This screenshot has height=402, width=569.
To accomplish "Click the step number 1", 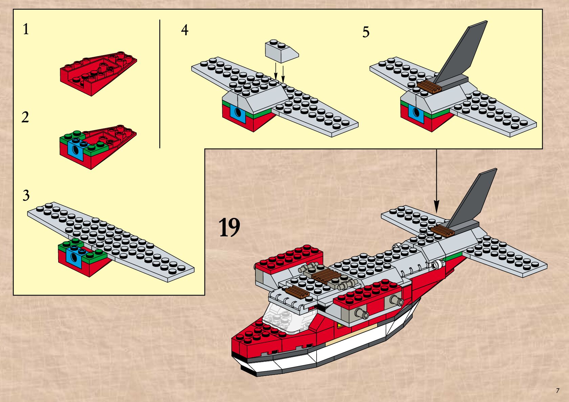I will click(26, 29).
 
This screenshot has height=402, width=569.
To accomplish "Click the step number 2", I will click(25, 117).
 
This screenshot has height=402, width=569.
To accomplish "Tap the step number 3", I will click(26, 195).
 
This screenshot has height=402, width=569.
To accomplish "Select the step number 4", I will click(184, 30).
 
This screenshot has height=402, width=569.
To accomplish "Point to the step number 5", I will click(366, 32).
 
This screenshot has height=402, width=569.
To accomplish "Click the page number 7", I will click(557, 391).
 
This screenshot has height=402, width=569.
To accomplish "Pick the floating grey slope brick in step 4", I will click(281, 51).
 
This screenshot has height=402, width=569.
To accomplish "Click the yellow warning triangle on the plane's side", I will click(339, 325).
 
